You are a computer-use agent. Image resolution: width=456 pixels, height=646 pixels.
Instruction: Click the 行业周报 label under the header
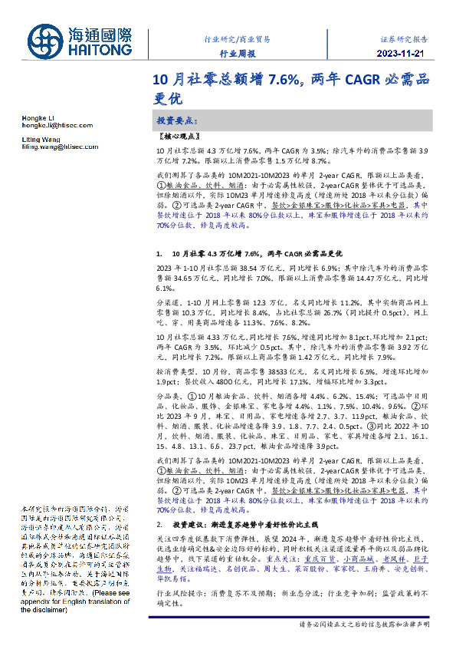click(235, 54)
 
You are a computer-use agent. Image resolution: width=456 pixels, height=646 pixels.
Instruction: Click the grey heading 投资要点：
click(177, 121)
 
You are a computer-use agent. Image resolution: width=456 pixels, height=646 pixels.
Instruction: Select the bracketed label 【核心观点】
click(178, 136)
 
